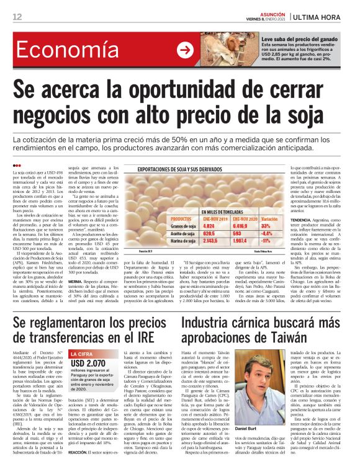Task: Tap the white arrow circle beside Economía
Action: pos(185,50)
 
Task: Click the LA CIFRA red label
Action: pos(82,354)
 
